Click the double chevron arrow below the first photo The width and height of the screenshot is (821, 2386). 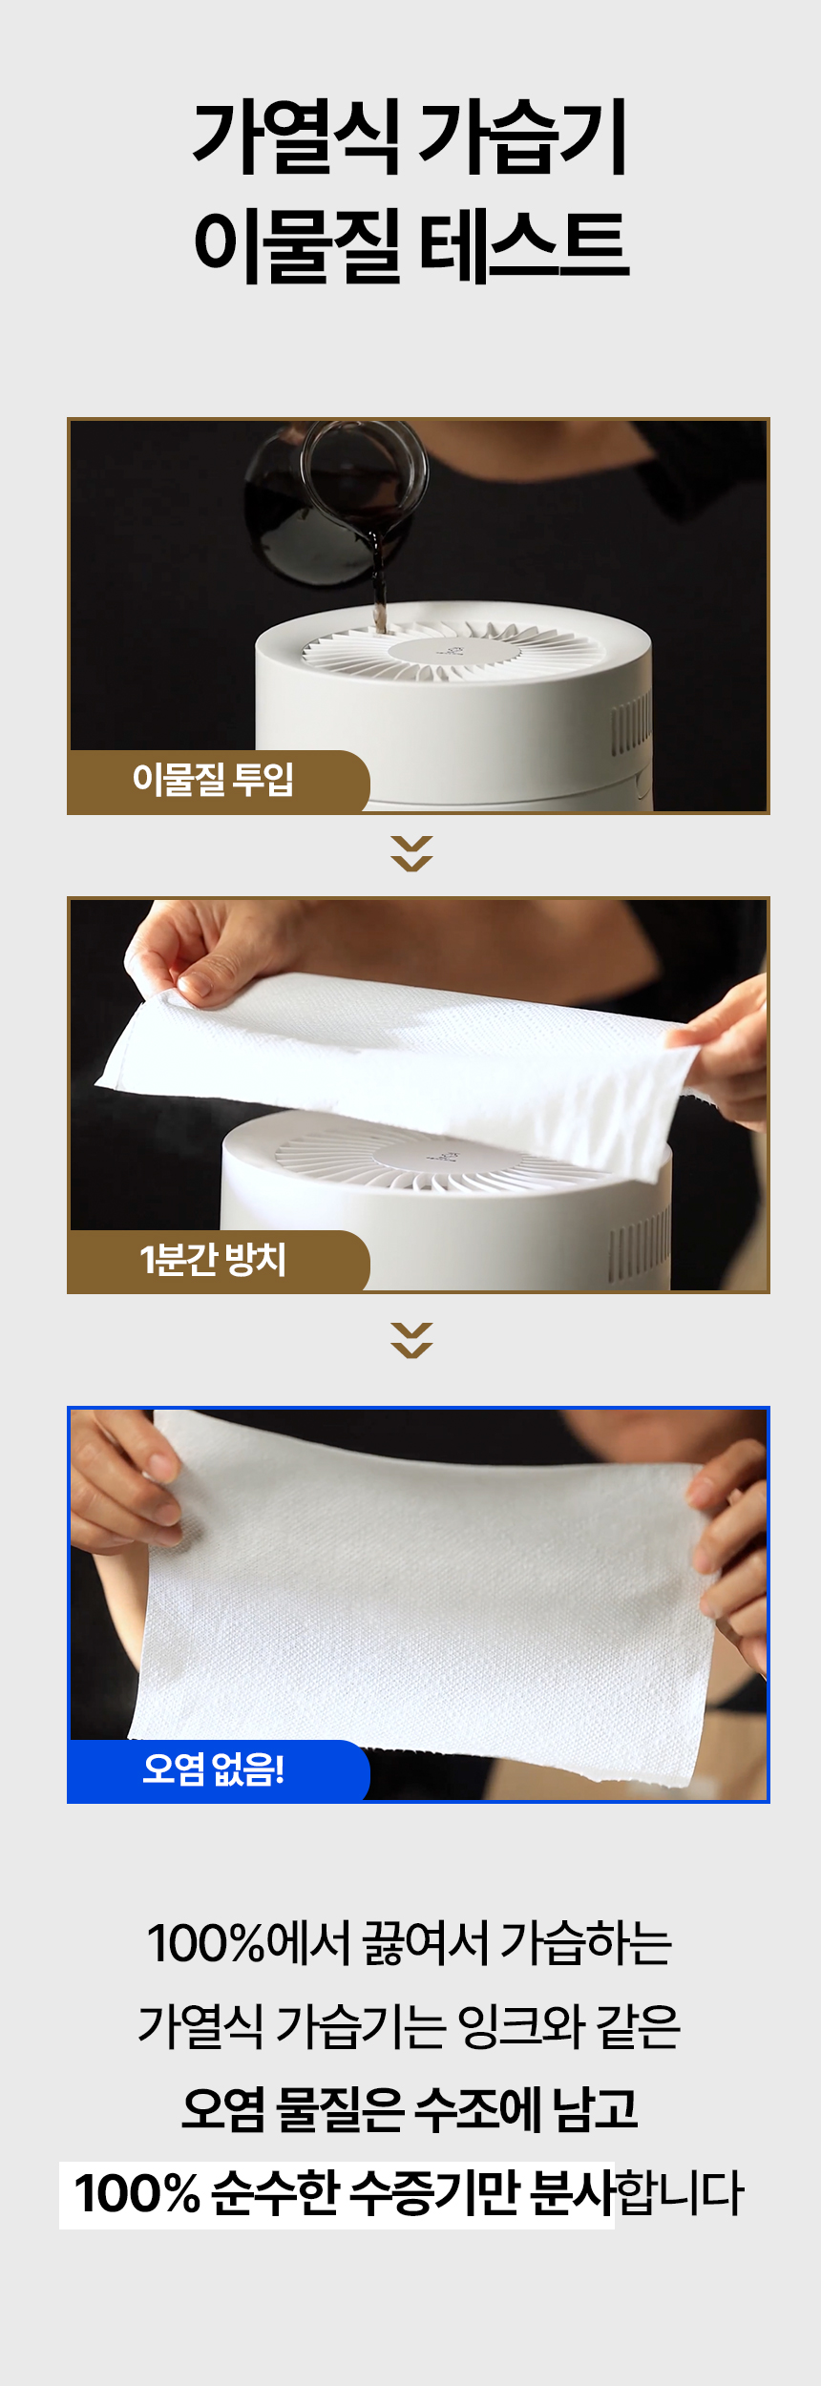[x=411, y=853]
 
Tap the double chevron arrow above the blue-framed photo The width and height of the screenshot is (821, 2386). [x=411, y=1340]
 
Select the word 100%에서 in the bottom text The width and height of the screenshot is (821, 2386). [x=250, y=1942]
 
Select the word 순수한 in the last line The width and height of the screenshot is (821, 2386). [x=275, y=2193]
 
